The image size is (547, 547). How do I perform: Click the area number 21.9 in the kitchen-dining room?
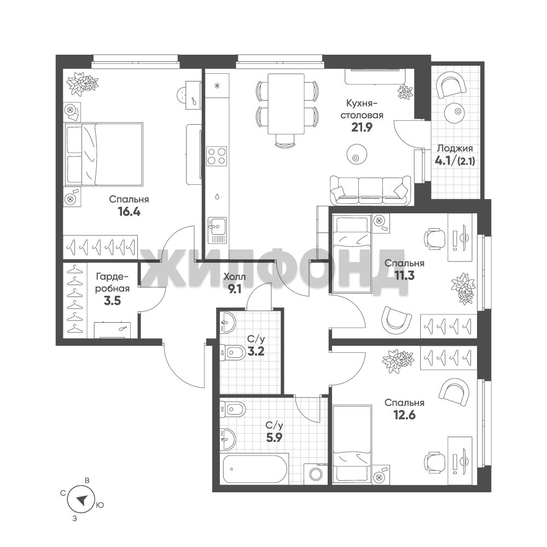(362, 127)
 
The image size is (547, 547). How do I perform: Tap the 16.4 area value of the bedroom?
(129, 212)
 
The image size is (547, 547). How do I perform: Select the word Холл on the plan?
(235, 277)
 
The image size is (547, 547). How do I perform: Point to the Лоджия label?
(455, 149)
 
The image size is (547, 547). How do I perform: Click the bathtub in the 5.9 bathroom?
(255, 469)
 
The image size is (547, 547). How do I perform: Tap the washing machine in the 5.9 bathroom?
(316, 474)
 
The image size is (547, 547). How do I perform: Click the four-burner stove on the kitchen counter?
(217, 155)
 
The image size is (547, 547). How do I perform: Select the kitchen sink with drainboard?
(217, 230)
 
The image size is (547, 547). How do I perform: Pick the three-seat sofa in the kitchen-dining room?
(370, 190)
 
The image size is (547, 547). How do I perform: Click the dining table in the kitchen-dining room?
(286, 103)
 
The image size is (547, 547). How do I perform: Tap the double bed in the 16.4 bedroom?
(103, 154)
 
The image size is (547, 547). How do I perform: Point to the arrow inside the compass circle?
(82, 501)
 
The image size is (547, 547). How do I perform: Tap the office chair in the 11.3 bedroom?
(435, 238)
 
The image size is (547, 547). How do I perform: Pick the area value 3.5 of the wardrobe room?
(112, 300)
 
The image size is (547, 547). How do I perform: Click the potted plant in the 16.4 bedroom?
(83, 83)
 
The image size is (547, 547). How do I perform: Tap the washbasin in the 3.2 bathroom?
(228, 323)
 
